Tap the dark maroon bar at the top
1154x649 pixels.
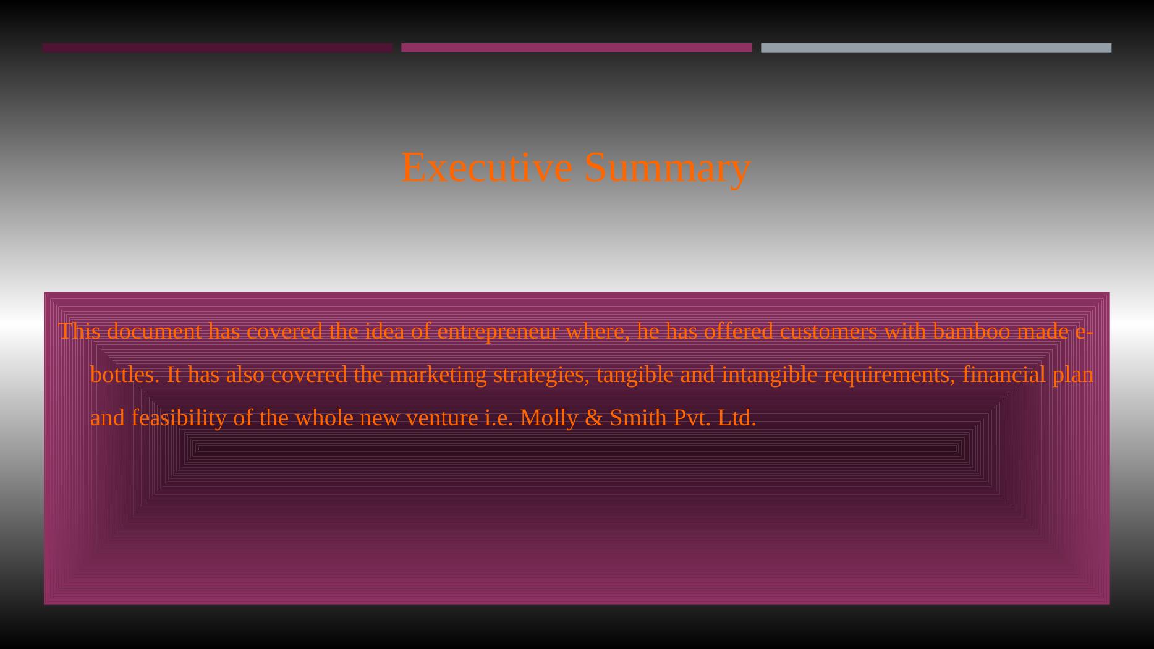pos(218,48)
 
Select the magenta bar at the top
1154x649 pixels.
pos(577,48)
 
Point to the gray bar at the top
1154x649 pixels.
pos(936,48)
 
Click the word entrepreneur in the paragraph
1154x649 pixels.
pos(498,333)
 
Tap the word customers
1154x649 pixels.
pos(828,332)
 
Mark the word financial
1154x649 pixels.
pos(1004,375)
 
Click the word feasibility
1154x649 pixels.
pos(179,419)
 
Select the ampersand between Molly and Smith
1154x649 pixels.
pos(594,418)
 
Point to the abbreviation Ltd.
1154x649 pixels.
pos(737,418)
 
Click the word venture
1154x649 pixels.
pos(442,418)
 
